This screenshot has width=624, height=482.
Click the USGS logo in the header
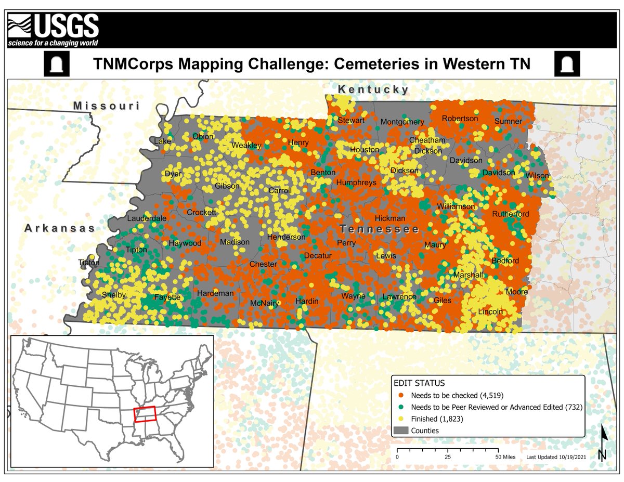pyautogui.click(x=53, y=29)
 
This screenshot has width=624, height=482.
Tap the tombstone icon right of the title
pyautogui.click(x=567, y=64)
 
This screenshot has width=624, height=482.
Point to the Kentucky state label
pyautogui.click(x=373, y=90)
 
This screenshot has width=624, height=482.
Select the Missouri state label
pyautogui.click(x=107, y=106)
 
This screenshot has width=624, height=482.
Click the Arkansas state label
pyautogui.click(x=60, y=228)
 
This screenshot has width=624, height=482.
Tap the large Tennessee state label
pyautogui.click(x=380, y=229)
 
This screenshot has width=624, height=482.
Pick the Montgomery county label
pyautogui.click(x=402, y=122)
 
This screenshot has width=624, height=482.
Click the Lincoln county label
pyautogui.click(x=490, y=311)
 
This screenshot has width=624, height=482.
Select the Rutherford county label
pyautogui.click(x=511, y=214)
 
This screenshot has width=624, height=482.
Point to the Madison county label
pyautogui.click(x=231, y=242)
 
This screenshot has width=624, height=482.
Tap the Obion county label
pyautogui.click(x=203, y=137)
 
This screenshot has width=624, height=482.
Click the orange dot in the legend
pyautogui.click(x=401, y=395)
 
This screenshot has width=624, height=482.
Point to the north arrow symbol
pyautogui.click(x=602, y=442)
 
